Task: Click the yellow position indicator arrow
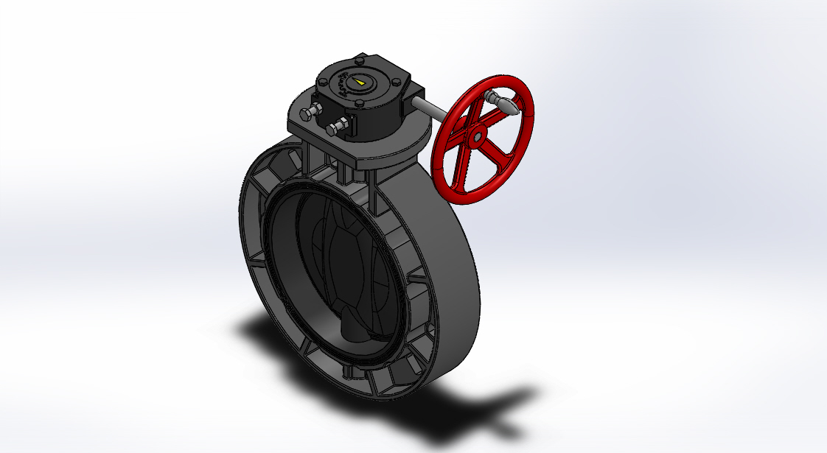coord(358,81)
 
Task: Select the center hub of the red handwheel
coord(478,136)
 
